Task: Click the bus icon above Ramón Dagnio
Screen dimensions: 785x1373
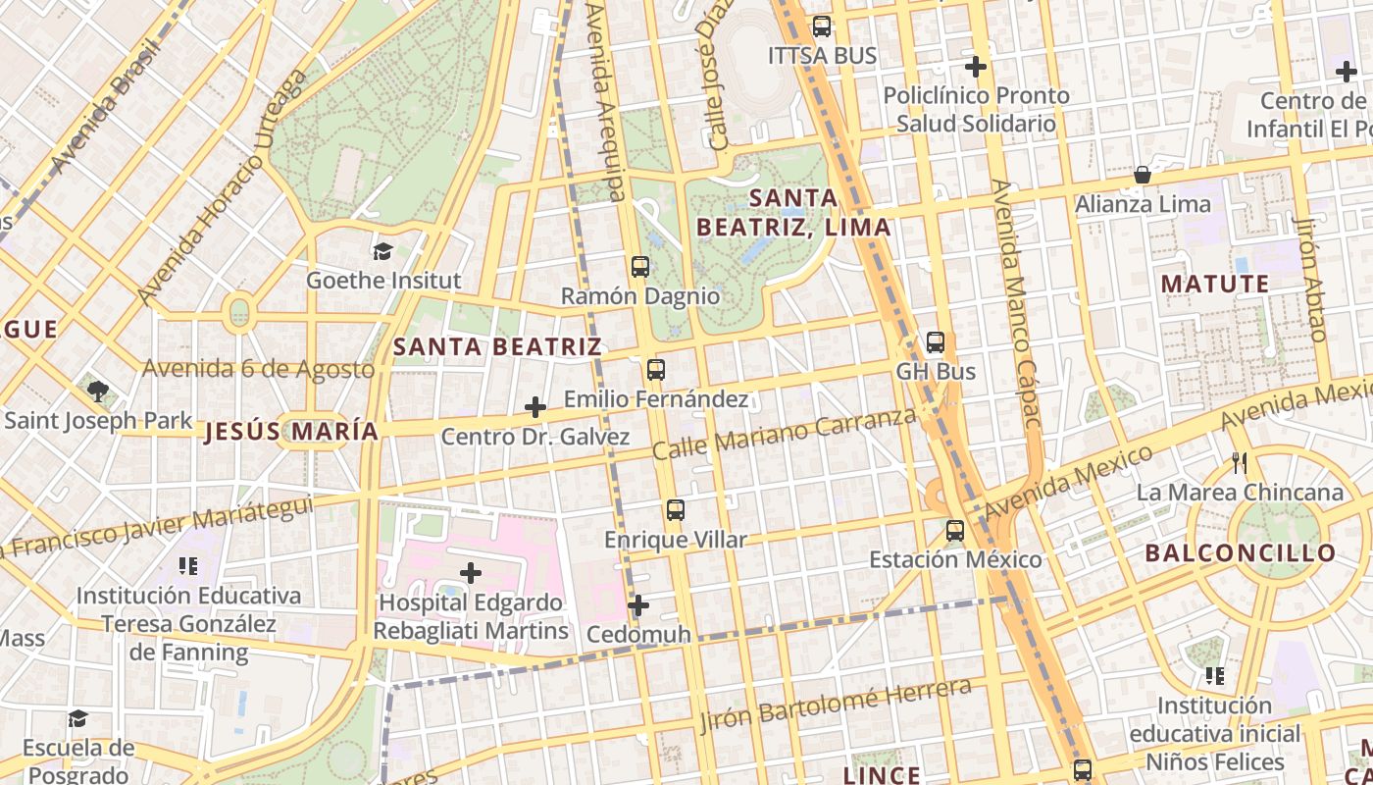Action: tap(640, 267)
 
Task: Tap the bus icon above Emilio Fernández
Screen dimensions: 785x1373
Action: tap(656, 370)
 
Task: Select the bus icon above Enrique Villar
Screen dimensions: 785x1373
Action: tap(675, 510)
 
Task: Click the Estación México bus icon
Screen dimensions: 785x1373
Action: tap(955, 531)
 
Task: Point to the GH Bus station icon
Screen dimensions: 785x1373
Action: tap(936, 342)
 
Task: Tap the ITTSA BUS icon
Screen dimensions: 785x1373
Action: tap(822, 26)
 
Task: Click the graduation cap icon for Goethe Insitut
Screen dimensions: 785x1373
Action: tap(382, 251)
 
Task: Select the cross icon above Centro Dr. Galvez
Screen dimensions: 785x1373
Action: tap(535, 406)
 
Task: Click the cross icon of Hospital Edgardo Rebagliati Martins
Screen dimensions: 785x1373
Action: tap(471, 572)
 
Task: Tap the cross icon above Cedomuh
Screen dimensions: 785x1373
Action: tap(638, 605)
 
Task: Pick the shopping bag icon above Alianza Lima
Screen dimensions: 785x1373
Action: tap(1143, 176)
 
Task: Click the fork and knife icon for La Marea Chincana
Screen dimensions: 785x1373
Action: tap(1240, 462)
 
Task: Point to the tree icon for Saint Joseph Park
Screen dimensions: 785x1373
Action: tap(97, 392)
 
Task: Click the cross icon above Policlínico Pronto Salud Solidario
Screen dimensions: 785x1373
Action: tap(976, 67)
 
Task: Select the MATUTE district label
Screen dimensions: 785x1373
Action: tap(1215, 285)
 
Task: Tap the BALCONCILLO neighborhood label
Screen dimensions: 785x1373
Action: tap(1241, 552)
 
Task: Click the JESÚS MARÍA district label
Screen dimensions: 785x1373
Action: tap(291, 432)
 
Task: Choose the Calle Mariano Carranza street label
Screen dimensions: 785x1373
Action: tap(785, 434)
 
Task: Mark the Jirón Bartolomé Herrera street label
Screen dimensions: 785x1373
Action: tap(836, 705)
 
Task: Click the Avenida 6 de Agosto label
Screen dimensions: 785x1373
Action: tap(259, 370)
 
